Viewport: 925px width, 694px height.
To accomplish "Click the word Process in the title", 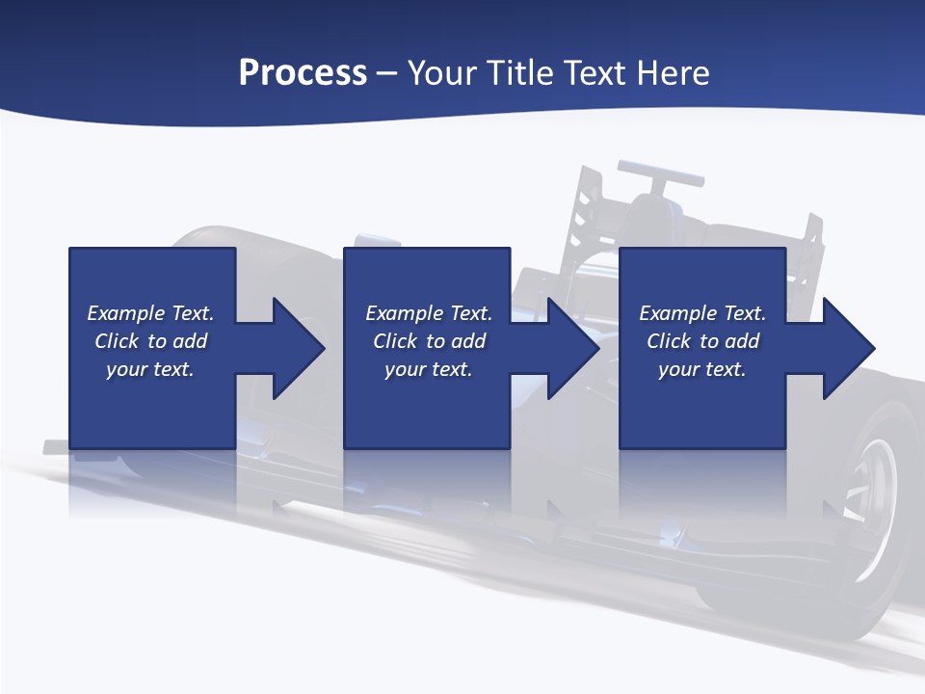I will (303, 72).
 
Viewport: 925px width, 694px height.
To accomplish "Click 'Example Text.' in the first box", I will (150, 313).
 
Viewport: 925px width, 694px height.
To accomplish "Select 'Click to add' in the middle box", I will (429, 341).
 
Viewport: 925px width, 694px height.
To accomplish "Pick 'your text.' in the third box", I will (701, 369).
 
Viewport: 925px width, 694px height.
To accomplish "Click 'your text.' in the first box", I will (150, 369).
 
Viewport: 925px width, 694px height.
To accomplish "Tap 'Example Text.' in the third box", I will (702, 313).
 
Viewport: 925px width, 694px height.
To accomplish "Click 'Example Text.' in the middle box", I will (429, 313).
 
